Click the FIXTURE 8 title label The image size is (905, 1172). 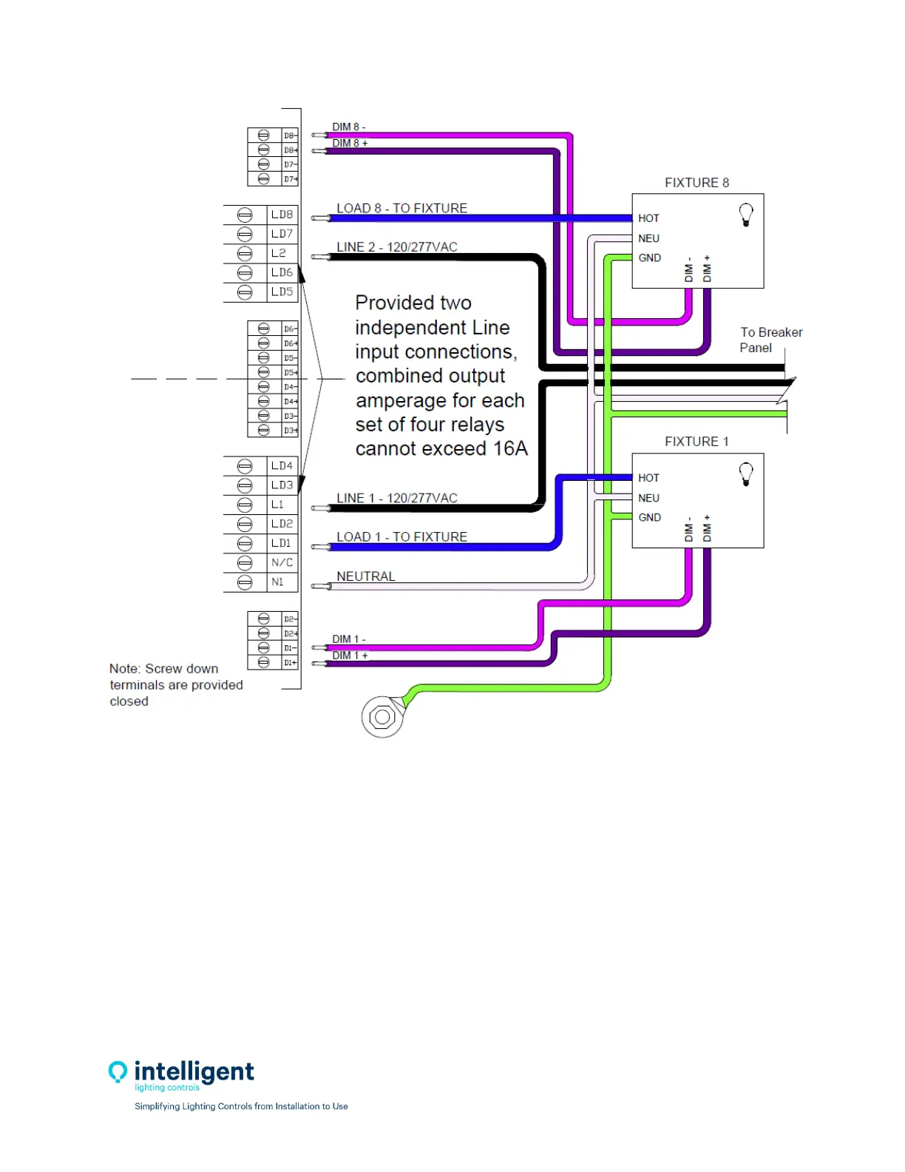696,183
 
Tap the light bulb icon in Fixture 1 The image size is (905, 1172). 746,474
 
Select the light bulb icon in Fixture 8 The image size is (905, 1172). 746,215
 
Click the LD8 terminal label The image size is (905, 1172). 282,215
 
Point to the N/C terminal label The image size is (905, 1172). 282,562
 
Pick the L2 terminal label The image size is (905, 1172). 278,253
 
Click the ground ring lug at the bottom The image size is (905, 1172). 382,717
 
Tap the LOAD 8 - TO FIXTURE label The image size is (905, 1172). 401,208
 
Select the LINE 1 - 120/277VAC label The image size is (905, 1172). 397,498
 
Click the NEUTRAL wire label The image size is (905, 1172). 366,576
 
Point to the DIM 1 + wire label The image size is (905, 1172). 350,656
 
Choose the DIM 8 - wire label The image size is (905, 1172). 348,127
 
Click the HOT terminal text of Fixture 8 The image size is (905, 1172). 648,218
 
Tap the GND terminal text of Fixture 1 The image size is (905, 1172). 649,517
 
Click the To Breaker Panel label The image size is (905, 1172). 770,340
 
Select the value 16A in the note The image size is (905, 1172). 510,448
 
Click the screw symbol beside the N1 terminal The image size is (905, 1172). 245,582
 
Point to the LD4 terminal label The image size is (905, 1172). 282,466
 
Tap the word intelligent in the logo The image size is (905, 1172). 194,1071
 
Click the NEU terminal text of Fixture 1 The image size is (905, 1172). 648,498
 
